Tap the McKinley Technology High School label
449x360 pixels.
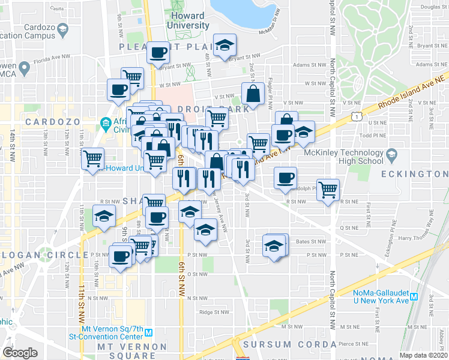(x=343, y=156)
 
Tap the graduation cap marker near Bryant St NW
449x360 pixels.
(x=225, y=46)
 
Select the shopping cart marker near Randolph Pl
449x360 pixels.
(x=328, y=190)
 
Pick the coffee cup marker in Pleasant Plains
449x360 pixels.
(x=158, y=53)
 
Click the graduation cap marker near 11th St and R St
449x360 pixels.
(x=104, y=217)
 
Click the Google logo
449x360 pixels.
(x=20, y=353)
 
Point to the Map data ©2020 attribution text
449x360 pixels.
(x=423, y=355)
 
